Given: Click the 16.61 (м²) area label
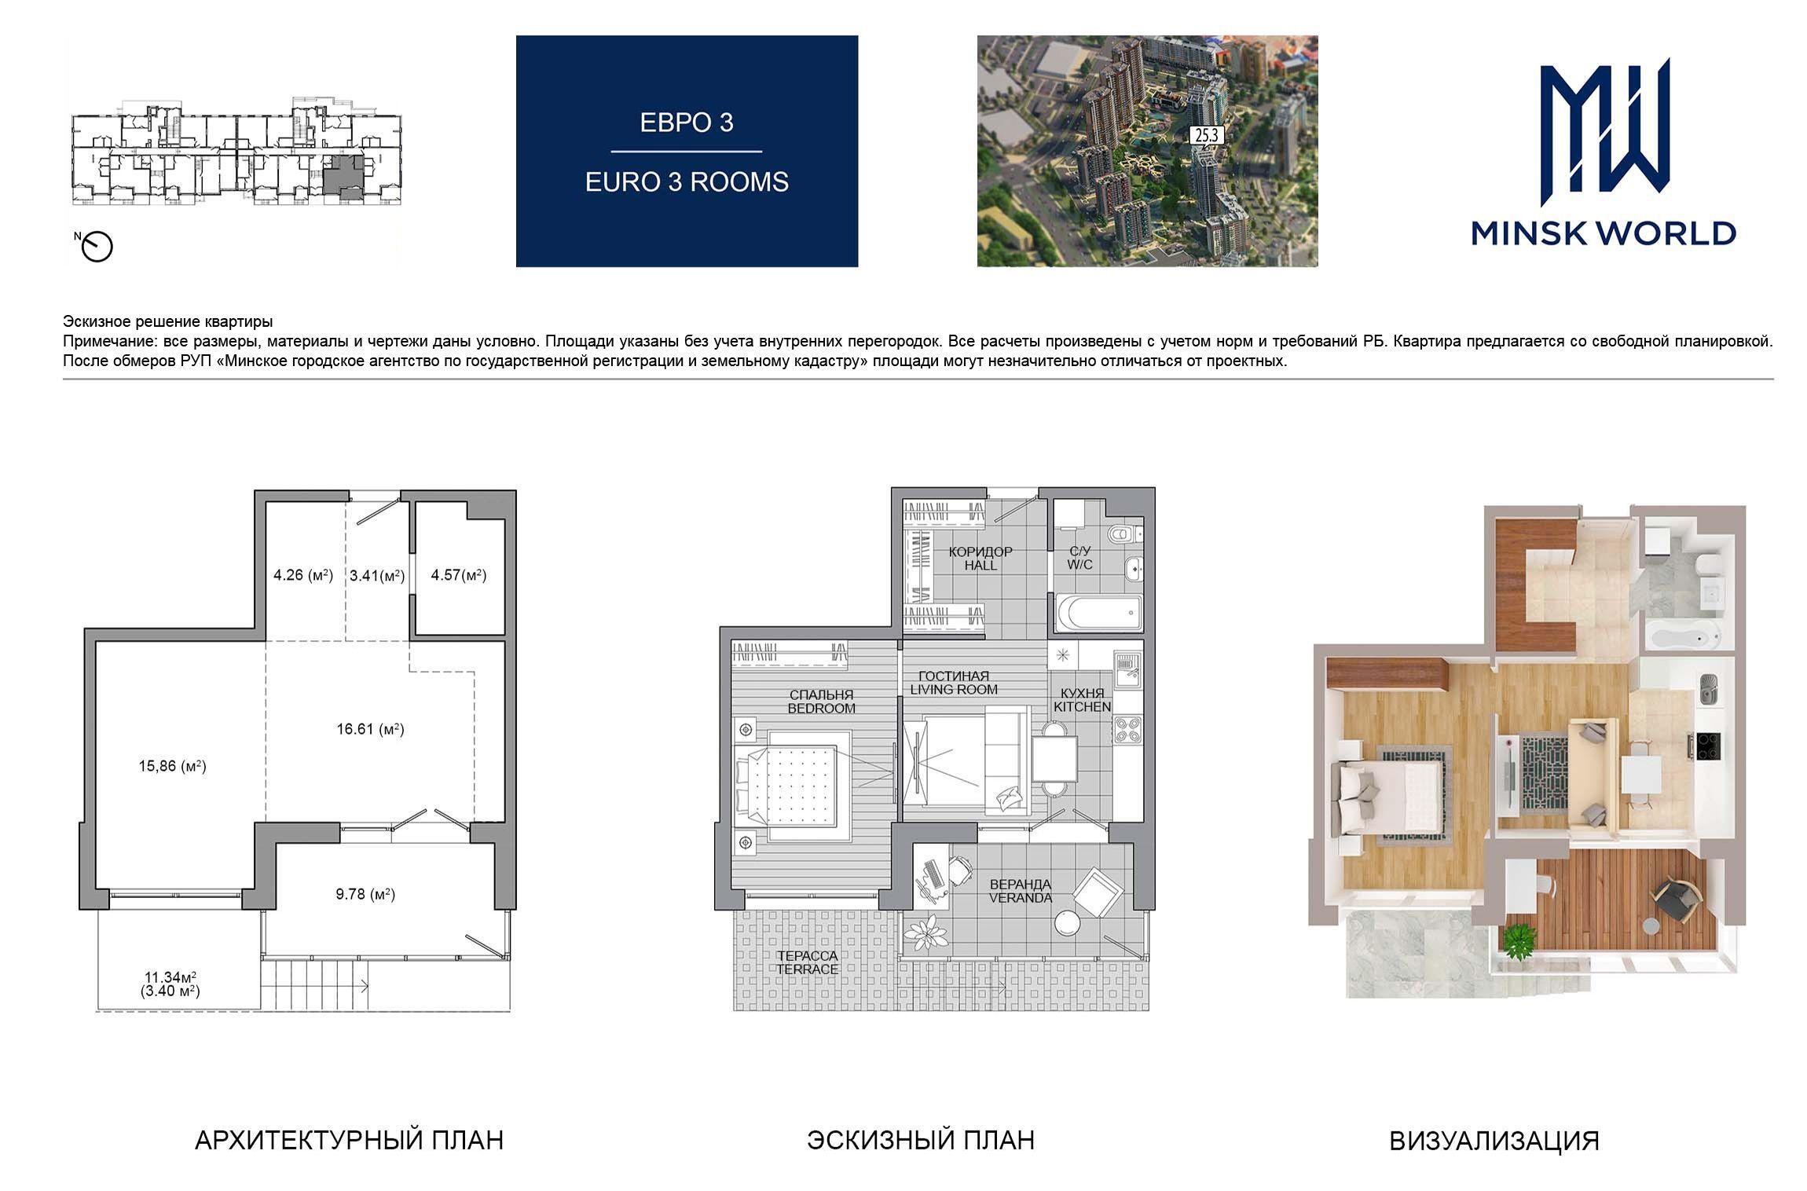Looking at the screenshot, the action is tap(370, 729).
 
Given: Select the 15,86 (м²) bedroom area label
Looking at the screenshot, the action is tap(172, 766).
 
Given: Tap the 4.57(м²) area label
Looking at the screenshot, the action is tap(459, 575).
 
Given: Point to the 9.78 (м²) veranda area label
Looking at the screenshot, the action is tap(365, 894).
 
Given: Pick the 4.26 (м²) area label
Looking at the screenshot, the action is tap(303, 575).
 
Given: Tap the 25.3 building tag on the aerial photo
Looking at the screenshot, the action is tap(1206, 135).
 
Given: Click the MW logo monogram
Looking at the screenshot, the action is tap(1604, 137).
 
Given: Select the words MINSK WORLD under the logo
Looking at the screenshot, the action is tap(1604, 233).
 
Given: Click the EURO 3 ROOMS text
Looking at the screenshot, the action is tap(687, 182).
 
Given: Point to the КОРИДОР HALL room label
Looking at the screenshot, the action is tap(980, 559).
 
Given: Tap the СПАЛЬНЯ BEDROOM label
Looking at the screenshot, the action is tap(822, 702).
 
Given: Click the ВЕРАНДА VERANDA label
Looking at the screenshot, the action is tap(1021, 891).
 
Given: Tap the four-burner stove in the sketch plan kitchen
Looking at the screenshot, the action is tap(1127, 730).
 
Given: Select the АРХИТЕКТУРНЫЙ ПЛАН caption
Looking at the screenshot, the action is tap(349, 1140).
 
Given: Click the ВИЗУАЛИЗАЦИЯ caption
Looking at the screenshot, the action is tap(1494, 1141).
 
